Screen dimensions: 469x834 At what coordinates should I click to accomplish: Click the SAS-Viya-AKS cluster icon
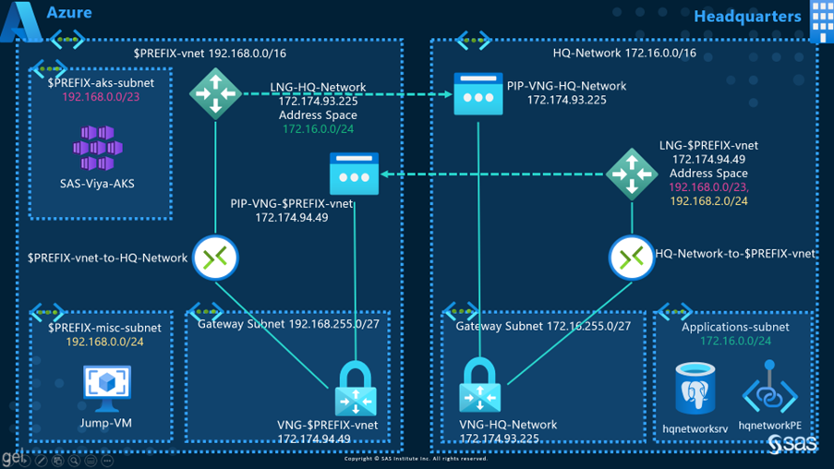click(x=97, y=148)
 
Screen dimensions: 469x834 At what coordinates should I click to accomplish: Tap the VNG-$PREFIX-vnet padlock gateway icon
click(x=355, y=389)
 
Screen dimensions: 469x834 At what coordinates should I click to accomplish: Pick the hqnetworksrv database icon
click(x=695, y=389)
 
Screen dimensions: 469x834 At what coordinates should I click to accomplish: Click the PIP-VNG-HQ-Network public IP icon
click(x=478, y=95)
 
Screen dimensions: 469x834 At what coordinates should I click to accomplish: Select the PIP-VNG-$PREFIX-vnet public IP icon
click(x=355, y=174)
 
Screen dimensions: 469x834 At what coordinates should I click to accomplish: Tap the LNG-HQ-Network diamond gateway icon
click(x=215, y=93)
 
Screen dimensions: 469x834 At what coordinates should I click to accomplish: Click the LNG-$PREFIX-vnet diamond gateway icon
click(x=632, y=174)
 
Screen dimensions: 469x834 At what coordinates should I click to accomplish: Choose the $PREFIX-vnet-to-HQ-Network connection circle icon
click(x=215, y=258)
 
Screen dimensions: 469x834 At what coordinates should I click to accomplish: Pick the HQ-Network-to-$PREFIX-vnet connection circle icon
click(x=632, y=258)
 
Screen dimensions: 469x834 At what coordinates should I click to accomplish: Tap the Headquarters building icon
click(x=820, y=20)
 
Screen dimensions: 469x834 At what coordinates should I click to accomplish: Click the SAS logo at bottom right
click(x=792, y=445)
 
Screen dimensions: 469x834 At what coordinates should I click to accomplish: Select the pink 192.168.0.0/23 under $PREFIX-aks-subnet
click(x=101, y=97)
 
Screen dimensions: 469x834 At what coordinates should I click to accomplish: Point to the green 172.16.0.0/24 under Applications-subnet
click(x=735, y=342)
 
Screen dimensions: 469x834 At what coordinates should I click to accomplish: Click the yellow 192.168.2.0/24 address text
click(x=709, y=200)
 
